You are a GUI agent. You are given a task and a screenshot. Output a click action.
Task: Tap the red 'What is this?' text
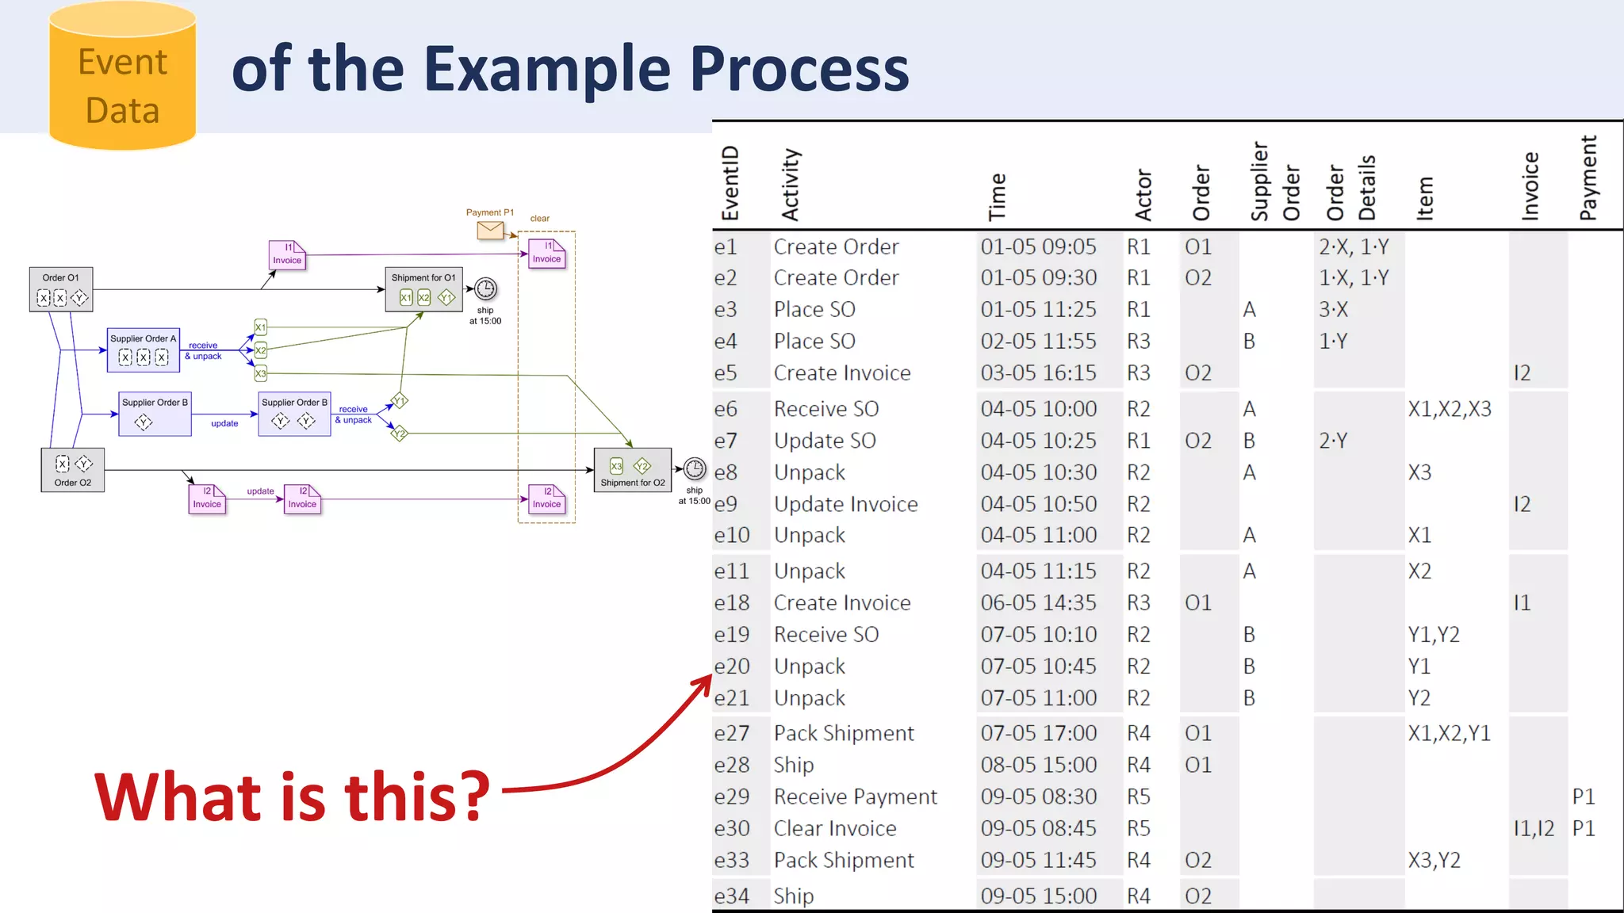292,796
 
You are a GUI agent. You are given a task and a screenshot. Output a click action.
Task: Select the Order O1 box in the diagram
61,289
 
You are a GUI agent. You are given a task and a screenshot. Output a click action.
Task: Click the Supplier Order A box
144,350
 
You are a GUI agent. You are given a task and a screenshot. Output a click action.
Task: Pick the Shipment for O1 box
423,289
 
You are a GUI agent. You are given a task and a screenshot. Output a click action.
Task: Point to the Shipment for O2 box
632,470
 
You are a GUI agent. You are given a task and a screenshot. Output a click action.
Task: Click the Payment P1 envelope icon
490,230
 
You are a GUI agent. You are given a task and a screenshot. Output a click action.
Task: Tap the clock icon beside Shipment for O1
485,289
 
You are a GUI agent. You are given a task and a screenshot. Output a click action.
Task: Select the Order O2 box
73,470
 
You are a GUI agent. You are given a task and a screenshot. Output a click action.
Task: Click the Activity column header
791,185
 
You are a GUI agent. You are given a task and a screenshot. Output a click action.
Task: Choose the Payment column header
1588,178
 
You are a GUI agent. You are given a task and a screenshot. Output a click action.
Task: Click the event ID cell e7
726,441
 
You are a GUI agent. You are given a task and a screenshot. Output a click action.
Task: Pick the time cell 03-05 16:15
1038,373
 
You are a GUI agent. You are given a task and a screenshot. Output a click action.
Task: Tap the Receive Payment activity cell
855,796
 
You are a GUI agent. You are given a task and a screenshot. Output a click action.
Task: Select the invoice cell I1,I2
1534,828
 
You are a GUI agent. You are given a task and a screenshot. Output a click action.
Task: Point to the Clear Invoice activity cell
835,828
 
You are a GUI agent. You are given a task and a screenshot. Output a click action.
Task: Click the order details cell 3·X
1333,310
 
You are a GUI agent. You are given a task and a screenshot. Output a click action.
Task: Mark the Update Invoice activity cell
845,504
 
